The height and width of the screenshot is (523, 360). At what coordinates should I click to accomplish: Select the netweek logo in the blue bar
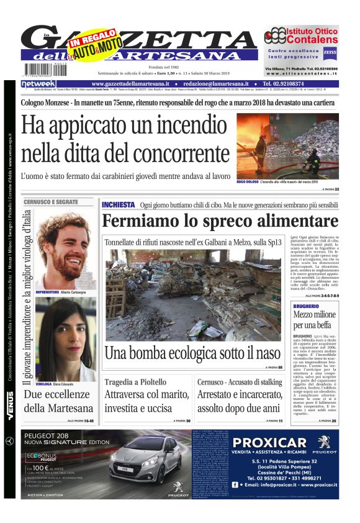(x=38, y=84)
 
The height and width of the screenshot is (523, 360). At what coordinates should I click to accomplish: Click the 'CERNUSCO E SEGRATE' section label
(x=51, y=202)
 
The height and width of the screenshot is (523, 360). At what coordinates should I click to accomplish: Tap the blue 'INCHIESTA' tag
(x=118, y=204)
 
